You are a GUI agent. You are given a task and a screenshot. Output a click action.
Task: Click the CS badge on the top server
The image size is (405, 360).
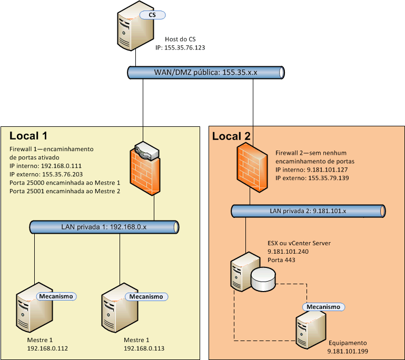pos(153,15)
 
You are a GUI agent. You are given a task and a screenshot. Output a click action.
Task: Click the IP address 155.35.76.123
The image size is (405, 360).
pos(180,47)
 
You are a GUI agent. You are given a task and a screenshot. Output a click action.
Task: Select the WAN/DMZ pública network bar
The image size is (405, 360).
pos(205,73)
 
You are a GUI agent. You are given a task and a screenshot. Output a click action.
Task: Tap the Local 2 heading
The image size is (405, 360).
pos(231,137)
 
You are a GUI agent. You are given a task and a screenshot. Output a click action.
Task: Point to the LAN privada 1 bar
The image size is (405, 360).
pos(104,227)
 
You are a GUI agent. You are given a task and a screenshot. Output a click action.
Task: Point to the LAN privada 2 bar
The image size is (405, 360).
pos(309,211)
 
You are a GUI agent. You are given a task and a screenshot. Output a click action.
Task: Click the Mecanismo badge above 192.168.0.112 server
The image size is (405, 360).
pos(56,296)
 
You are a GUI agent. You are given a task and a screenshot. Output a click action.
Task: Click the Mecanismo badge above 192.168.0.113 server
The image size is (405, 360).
pos(146,296)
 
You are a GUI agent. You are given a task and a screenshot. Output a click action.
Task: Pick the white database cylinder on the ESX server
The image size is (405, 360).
pos(263,279)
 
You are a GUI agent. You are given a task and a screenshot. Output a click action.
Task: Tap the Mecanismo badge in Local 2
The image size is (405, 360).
pos(324,306)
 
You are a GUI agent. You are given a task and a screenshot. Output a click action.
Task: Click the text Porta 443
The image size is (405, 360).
pos(281,260)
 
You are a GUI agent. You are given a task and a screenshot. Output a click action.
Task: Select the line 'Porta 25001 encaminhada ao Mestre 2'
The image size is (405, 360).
pos(65,192)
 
